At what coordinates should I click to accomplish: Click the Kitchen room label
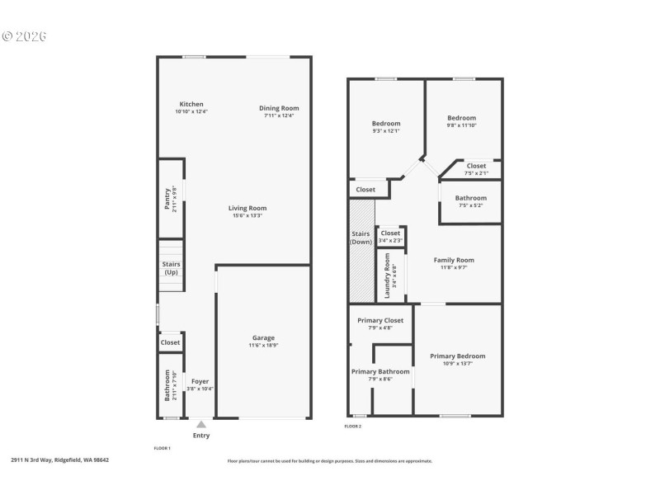coord(191,105)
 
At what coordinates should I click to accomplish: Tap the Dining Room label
coord(279,108)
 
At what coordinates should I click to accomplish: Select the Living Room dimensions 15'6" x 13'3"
coord(247,215)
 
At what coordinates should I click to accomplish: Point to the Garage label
coord(263,337)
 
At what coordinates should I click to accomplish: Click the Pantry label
coord(167,200)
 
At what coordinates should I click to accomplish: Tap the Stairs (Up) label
coord(171,268)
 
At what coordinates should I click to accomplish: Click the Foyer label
coord(200,381)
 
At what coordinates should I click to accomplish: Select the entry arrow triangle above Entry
coord(200,424)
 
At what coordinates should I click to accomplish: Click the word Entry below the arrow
coord(200,436)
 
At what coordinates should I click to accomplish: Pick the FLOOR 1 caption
coord(162,448)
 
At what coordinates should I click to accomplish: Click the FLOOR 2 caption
coord(352,427)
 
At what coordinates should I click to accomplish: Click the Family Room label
coord(454,260)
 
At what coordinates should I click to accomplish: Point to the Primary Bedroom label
coord(457,356)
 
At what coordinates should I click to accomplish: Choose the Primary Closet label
coord(380,320)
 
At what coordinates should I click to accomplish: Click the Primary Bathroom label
coord(380,371)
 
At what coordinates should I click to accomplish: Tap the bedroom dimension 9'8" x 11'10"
coord(462,125)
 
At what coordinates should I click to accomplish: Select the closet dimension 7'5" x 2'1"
coord(476,173)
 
